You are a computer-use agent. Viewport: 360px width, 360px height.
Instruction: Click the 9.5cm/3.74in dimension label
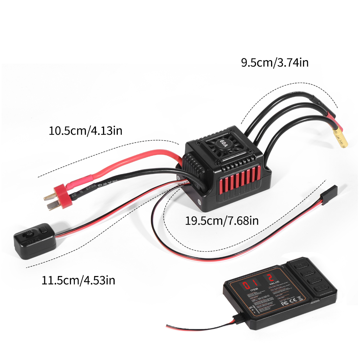275,63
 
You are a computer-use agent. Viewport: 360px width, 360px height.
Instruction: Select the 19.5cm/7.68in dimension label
222,221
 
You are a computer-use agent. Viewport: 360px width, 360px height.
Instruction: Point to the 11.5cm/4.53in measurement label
78,281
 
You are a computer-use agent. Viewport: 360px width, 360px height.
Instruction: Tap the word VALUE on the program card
274,282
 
